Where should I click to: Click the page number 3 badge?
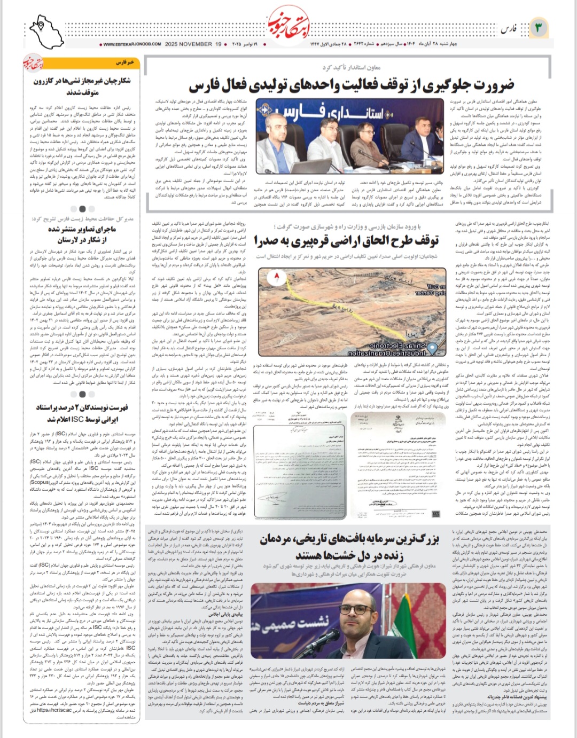(538, 27)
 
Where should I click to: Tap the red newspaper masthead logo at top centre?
(288, 23)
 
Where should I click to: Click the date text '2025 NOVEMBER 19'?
(193, 44)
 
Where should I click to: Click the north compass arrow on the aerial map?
(277, 277)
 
